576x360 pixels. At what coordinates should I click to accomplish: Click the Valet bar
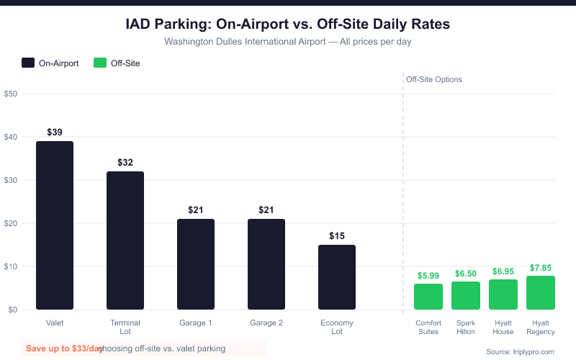point(55,225)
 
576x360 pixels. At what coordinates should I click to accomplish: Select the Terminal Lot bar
point(125,240)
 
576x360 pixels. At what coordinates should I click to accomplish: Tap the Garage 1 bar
point(196,264)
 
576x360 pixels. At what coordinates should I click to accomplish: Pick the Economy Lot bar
point(337,277)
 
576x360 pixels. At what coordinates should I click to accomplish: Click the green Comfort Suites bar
point(428,297)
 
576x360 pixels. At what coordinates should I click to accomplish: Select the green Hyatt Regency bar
point(541,292)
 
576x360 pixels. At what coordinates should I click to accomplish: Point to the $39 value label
point(55,132)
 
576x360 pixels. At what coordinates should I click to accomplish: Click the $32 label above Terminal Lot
point(125,163)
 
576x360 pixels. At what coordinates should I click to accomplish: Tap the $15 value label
point(337,236)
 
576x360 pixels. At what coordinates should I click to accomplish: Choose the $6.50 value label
point(466,274)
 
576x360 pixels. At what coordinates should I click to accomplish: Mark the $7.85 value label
point(541,268)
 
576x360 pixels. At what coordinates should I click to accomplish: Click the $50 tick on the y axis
point(11,94)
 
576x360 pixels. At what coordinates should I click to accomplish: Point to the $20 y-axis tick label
point(11,223)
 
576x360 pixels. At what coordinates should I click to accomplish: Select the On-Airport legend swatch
point(28,63)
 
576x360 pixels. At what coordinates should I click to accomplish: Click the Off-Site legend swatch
point(100,63)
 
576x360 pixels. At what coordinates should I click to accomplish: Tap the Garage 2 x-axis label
point(266,323)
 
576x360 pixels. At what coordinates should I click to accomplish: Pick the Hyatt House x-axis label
point(503,327)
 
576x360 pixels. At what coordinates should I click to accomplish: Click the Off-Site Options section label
point(434,79)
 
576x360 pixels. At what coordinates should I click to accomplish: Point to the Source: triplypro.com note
point(521,351)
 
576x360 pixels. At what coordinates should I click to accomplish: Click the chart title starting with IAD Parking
point(288,24)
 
